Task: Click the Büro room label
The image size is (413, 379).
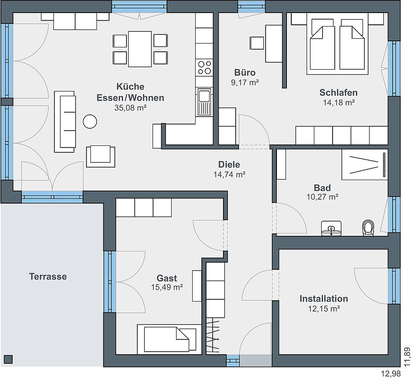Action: pos(245,73)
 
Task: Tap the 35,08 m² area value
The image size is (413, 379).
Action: pos(130,108)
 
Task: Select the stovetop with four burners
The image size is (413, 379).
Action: pos(204,67)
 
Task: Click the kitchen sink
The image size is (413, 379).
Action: pos(204,101)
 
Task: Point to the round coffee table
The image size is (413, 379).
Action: pos(90,121)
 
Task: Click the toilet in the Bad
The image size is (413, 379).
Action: pos(368,228)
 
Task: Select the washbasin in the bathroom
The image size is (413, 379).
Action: pos(331,228)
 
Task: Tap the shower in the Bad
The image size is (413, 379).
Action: pos(365,165)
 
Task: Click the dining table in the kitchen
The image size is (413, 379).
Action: pos(140,49)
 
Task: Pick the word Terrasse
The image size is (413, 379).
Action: pos(48,276)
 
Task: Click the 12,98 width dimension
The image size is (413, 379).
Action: pos(391,373)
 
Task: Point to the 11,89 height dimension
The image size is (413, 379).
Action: pos(407,357)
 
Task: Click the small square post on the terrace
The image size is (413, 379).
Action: pos(8,359)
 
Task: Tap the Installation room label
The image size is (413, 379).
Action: pos(324,299)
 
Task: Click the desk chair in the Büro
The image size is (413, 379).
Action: pos(257,43)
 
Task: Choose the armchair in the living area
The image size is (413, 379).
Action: pos(100,156)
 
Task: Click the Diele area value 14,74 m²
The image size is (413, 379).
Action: pos(230,174)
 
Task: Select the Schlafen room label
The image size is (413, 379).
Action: pos(339,93)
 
